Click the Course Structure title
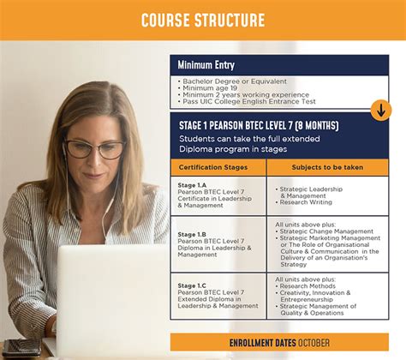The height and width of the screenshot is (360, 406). (202, 19)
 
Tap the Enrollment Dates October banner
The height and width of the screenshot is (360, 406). (279, 343)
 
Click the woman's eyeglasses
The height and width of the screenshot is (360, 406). (94, 149)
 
